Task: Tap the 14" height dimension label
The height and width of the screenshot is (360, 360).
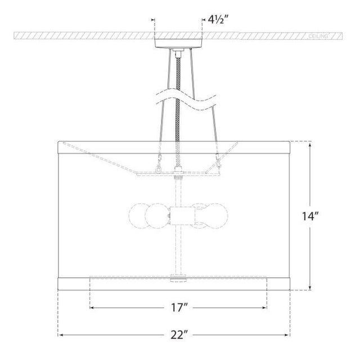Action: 310,216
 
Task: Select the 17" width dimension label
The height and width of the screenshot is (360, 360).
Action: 179,308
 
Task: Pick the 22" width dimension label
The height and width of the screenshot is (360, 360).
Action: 179,335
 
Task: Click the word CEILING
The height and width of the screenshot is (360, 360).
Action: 318,36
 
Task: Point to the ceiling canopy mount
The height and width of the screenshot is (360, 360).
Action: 178,43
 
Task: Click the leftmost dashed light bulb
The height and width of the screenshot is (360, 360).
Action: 139,216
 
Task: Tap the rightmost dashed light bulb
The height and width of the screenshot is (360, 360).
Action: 217,216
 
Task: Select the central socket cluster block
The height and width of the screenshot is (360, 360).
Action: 182,215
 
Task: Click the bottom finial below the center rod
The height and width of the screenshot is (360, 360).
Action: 178,278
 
